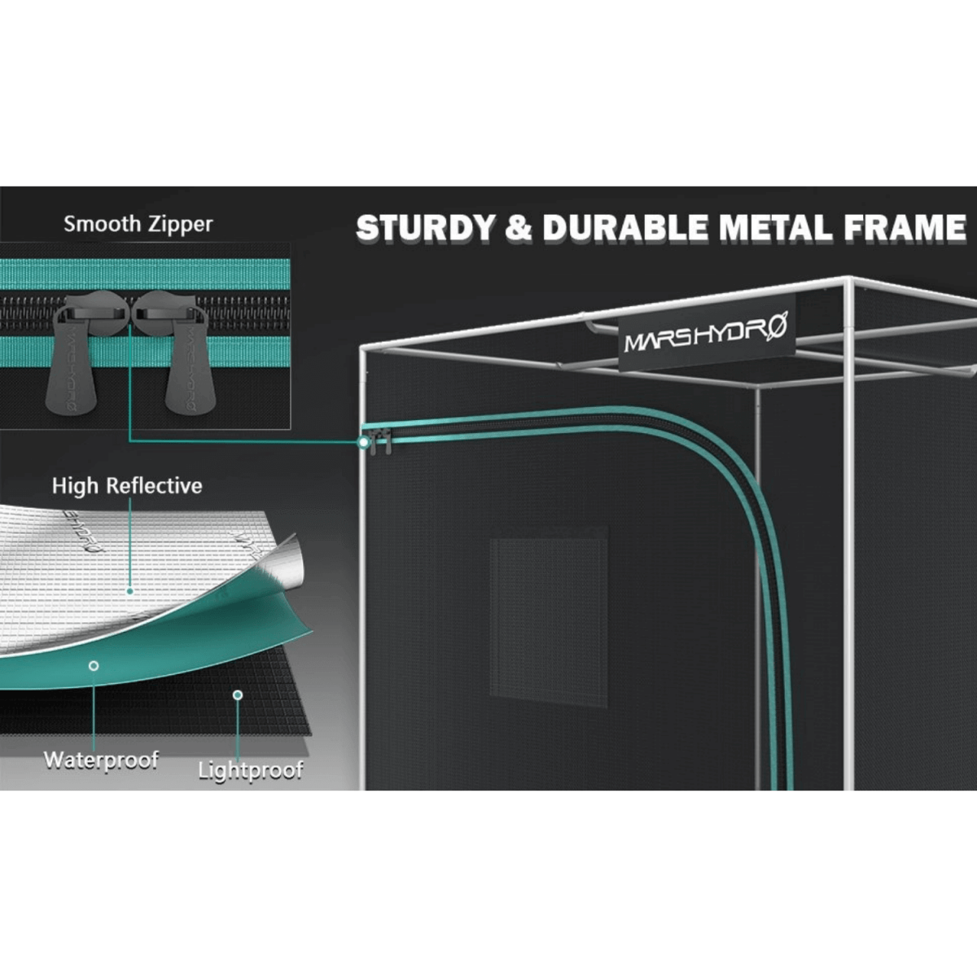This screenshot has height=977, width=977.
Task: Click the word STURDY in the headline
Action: (425, 228)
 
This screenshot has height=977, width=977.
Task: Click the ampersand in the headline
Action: (518, 229)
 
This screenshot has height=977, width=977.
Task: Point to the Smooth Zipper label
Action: (138, 224)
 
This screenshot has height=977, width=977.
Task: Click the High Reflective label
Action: (127, 486)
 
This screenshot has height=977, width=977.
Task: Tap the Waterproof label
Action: (101, 760)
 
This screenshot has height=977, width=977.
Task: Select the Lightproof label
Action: (251, 770)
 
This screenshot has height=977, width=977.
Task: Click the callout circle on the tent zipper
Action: (363, 442)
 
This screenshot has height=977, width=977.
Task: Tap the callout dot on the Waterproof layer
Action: (94, 666)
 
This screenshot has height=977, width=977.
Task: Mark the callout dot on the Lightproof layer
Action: (238, 694)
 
